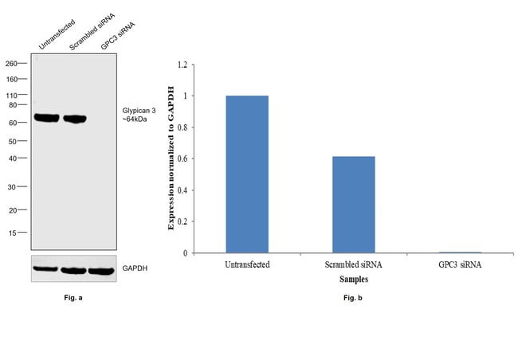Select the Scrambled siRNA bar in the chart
[x=354, y=205]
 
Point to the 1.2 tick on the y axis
[x=182, y=65]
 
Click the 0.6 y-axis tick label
[x=182, y=158]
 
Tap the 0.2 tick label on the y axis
[x=182, y=221]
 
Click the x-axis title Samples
[x=353, y=280]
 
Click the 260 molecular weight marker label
[x=12, y=64]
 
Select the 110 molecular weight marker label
[x=12, y=96]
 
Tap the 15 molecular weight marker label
[x=14, y=233]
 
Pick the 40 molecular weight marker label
[x=14, y=158]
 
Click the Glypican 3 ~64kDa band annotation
[x=141, y=115]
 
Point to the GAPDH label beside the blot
[x=135, y=268]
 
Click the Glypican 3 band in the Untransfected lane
[x=46, y=119]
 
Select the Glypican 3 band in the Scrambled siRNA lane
[x=74, y=119]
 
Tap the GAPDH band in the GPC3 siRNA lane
[x=101, y=270]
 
